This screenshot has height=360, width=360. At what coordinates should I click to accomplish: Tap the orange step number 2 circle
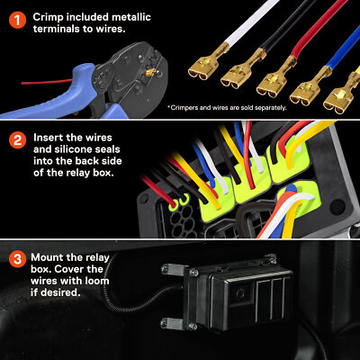(x=16, y=140)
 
